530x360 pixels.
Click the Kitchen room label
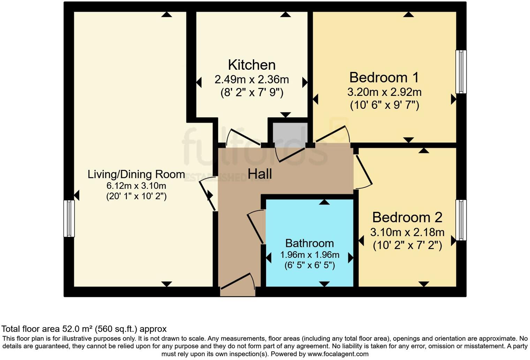point(252,65)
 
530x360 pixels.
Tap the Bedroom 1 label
point(384,78)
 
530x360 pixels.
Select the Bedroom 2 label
point(407,217)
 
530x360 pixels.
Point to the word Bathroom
point(310,243)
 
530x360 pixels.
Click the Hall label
point(259,174)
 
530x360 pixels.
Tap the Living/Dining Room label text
point(136,174)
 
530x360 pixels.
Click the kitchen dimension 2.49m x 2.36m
point(252,80)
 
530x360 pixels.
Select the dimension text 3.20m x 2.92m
point(384,92)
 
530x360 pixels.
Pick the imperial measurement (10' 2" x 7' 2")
point(407,245)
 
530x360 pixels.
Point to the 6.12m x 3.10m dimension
point(136,186)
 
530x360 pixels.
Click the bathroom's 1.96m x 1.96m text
point(310,255)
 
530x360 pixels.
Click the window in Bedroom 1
point(461,72)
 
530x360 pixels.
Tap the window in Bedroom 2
point(461,220)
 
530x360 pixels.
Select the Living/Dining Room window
point(69,218)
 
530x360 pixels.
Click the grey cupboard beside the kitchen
point(290,133)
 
